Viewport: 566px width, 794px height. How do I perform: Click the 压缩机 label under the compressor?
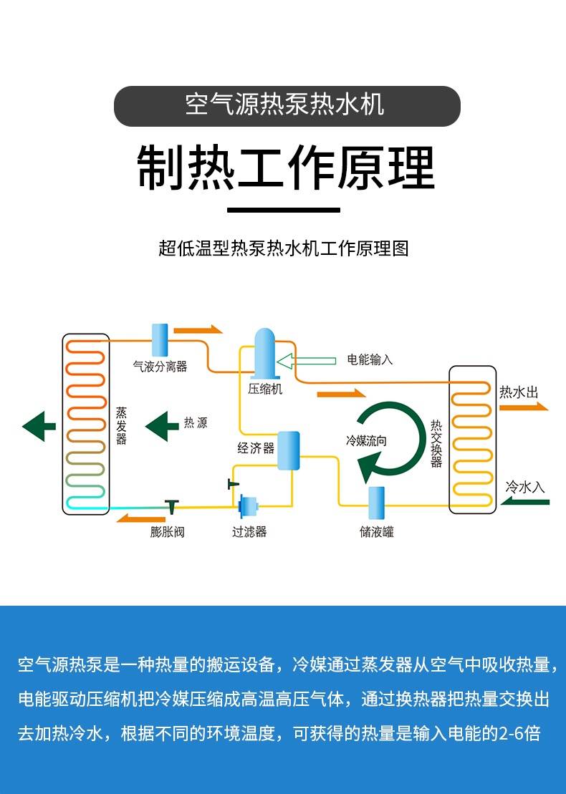tap(265, 389)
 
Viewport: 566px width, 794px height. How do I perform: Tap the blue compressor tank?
tap(266, 353)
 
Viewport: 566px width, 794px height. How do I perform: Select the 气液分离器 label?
tap(160, 367)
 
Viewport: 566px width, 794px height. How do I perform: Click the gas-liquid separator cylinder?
tap(160, 339)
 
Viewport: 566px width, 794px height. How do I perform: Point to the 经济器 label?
tap(256, 448)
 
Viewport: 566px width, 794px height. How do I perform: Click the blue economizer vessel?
tap(288, 450)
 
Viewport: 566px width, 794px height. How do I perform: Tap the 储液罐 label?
tap(376, 531)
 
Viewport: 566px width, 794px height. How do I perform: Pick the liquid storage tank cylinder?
tap(376, 503)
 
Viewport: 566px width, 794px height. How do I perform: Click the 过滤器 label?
tap(249, 531)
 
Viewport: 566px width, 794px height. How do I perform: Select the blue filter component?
tap(249, 506)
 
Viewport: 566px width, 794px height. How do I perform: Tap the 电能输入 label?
tap(370, 359)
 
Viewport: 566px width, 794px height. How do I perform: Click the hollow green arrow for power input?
tap(306, 359)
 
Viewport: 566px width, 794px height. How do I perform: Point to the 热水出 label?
tap(519, 392)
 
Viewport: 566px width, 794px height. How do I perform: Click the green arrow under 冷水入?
tap(525, 502)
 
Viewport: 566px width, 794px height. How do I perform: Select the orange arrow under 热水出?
tap(524, 407)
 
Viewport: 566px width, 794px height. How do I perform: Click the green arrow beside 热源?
tap(162, 426)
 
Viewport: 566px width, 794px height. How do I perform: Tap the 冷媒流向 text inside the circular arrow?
tap(366, 440)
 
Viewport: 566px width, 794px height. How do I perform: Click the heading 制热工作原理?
tap(286, 169)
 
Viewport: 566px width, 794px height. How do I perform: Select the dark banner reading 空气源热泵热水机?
tap(287, 106)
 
